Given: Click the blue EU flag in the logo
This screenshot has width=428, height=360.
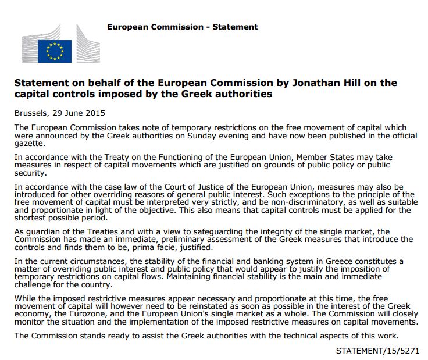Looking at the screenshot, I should click(x=55, y=51).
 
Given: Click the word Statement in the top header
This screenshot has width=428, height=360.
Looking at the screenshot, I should click(x=235, y=27).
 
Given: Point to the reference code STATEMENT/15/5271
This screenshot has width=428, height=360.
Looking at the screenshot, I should click(x=378, y=351).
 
